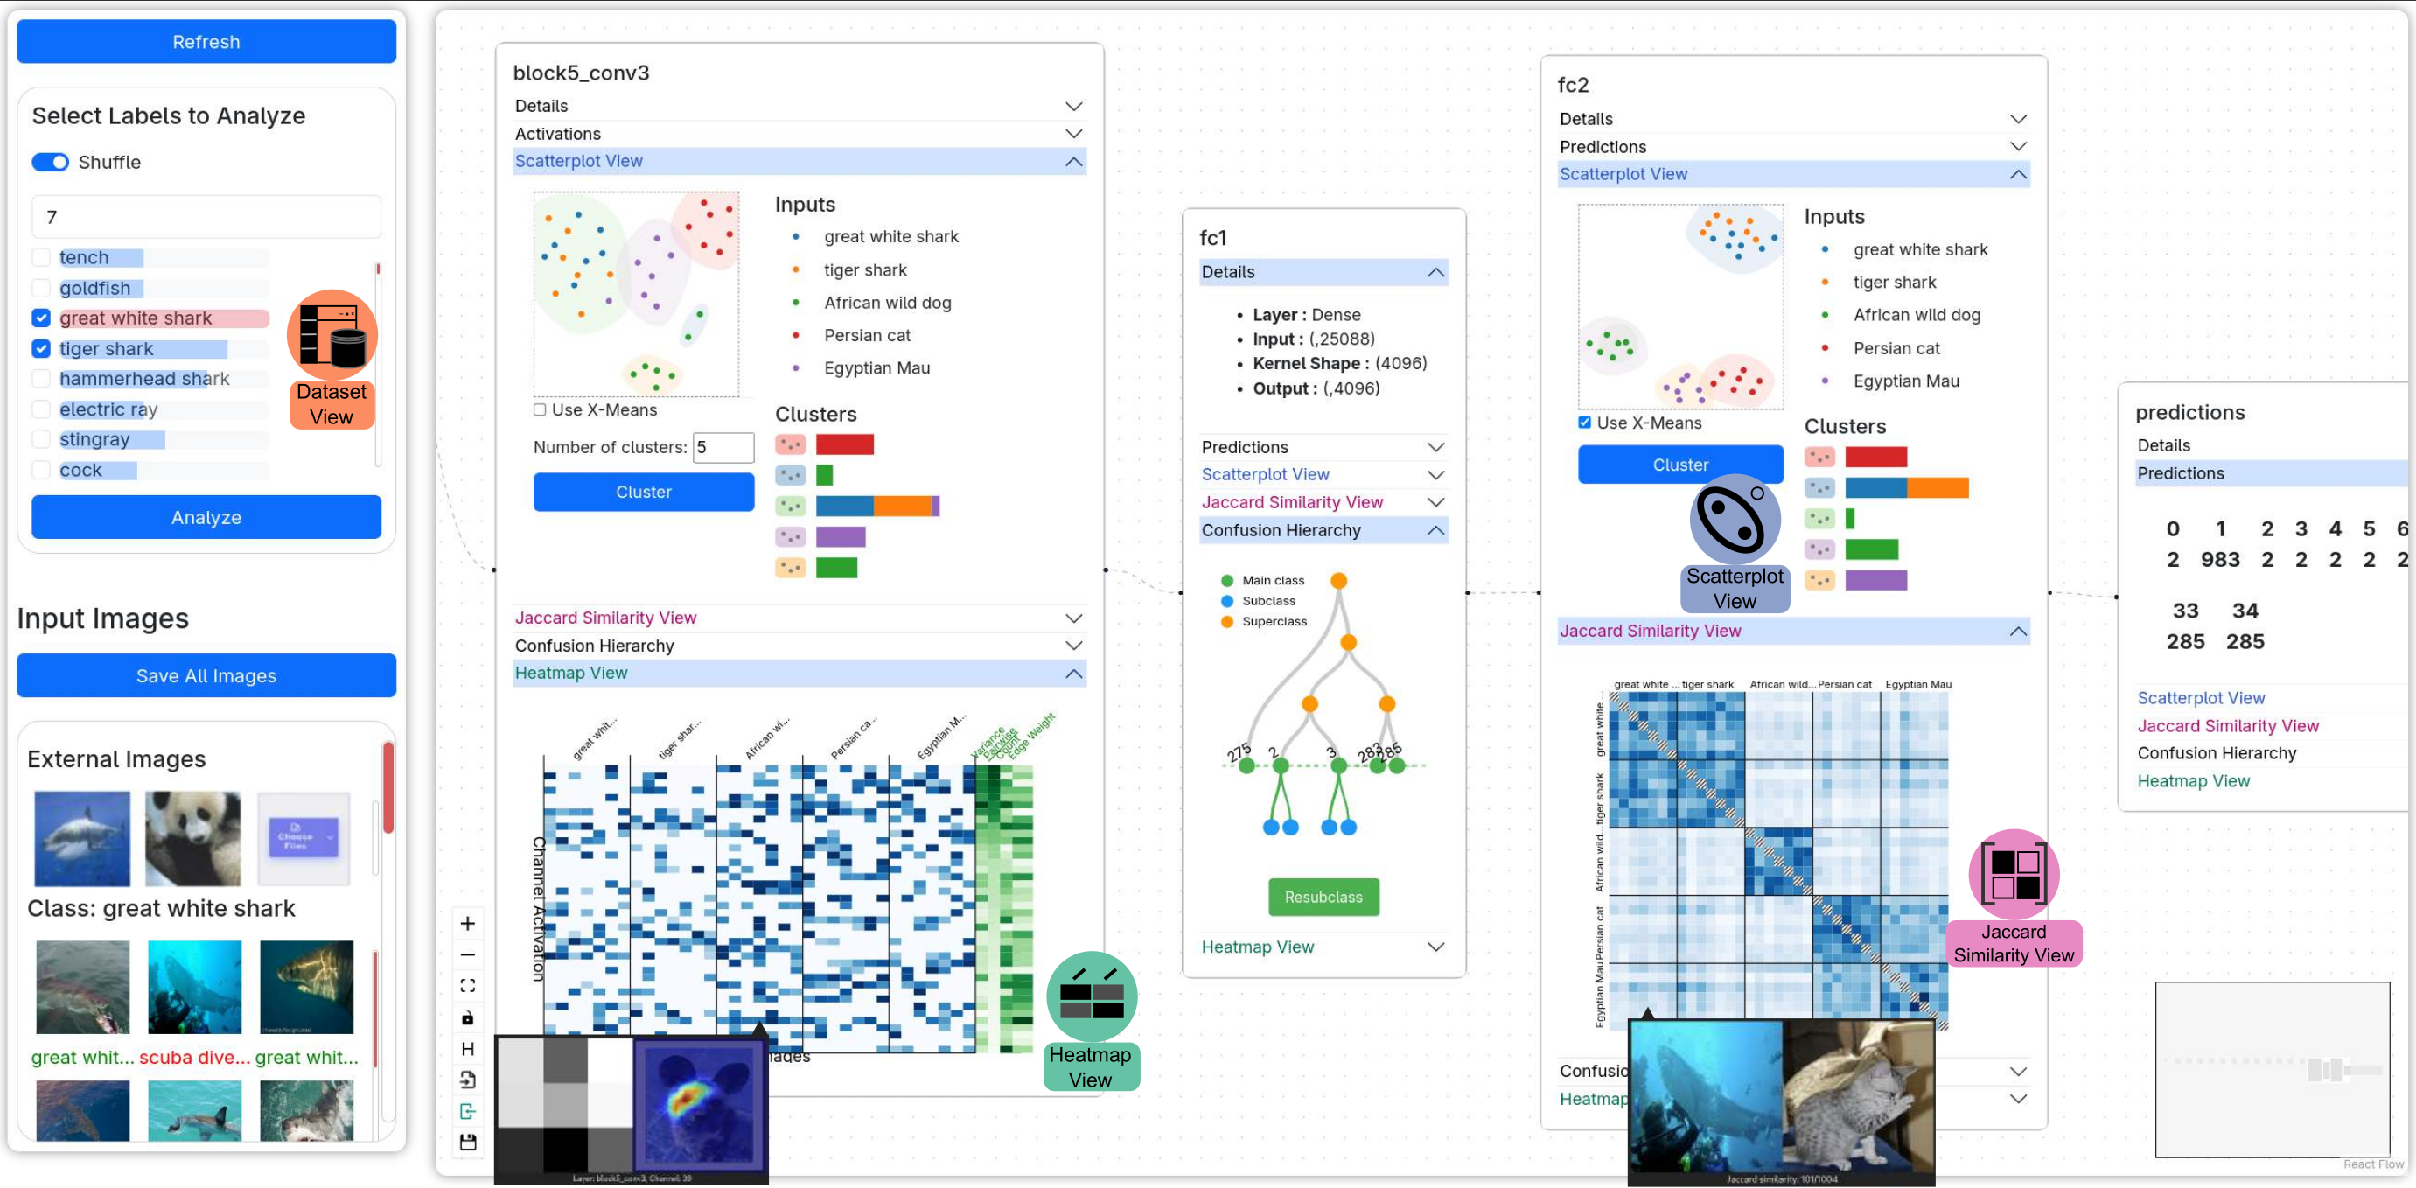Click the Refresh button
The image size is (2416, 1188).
206,42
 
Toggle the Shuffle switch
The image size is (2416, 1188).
51,162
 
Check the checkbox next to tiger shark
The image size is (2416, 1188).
41,349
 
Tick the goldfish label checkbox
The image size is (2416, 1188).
41,288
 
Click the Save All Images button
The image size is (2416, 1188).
206,676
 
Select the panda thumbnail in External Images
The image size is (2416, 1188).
193,838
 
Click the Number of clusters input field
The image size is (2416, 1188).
723,447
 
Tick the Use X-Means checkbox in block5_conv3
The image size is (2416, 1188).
541,409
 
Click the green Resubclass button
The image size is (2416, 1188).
1323,898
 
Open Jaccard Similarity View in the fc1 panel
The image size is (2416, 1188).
1291,502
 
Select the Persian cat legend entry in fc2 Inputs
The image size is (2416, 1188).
1896,349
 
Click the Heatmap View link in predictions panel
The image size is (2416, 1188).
2193,781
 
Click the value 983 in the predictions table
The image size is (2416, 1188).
2220,560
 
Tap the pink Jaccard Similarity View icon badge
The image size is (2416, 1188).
2014,874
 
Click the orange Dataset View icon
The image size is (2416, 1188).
332,336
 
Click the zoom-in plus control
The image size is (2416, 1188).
468,924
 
